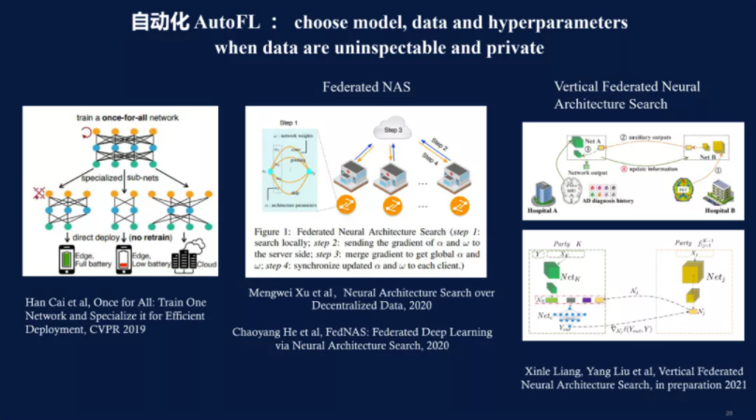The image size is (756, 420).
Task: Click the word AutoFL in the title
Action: coord(225,22)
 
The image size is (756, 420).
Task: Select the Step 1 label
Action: coord(279,123)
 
